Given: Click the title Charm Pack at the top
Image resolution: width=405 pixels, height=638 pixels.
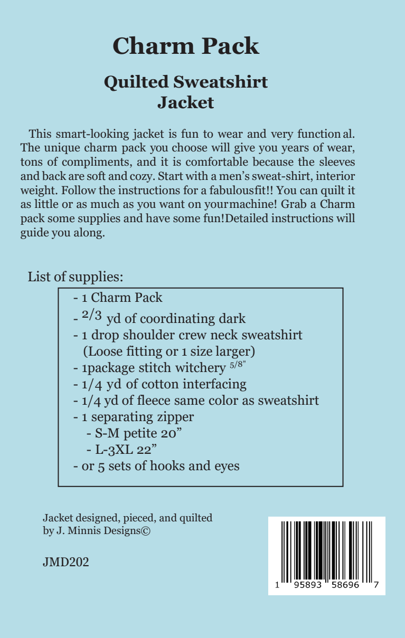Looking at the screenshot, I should [x=186, y=46].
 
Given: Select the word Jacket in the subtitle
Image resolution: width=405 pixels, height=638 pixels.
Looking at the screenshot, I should [x=186, y=102].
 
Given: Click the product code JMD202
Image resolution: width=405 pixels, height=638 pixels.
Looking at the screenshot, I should [x=65, y=562].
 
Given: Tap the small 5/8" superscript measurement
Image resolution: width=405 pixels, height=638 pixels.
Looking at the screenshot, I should [x=237, y=364].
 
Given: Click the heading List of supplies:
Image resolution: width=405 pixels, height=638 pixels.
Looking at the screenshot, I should [x=75, y=277].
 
